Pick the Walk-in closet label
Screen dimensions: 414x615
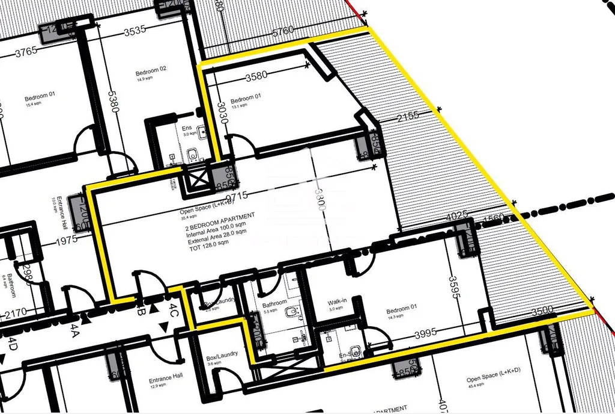[336, 302]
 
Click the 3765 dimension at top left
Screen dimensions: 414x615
[26, 51]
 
